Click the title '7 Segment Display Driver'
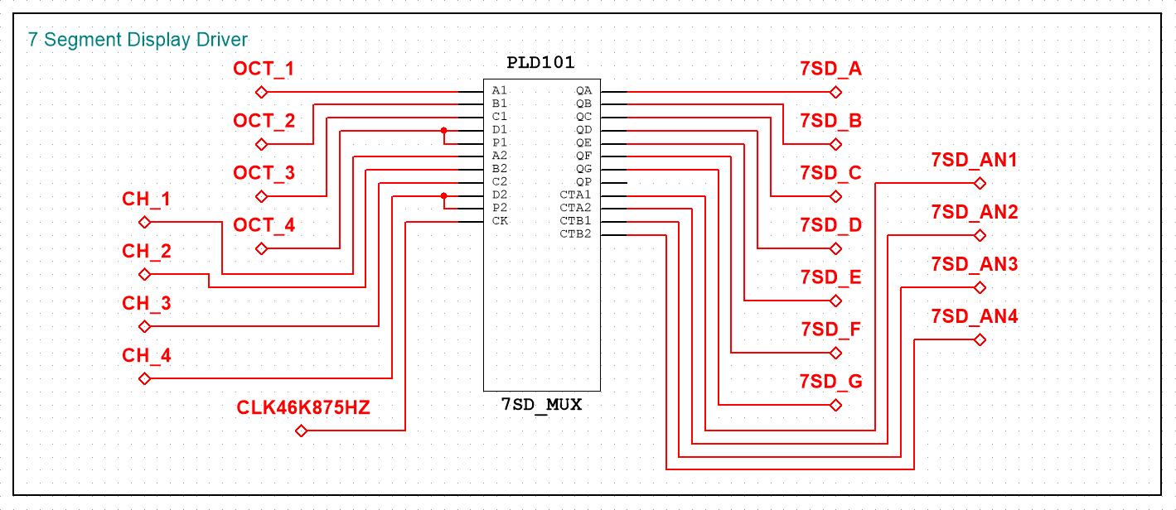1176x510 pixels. click(138, 40)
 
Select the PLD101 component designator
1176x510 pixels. click(540, 63)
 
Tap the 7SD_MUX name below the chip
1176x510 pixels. click(541, 405)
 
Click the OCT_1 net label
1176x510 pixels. click(264, 69)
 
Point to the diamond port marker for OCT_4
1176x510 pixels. click(261, 248)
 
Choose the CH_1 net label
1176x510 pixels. click(147, 199)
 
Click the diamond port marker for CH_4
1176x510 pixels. click(145, 379)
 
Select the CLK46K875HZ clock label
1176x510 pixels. click(303, 407)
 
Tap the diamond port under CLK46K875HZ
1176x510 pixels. click(301, 431)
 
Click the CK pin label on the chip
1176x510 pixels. click(500, 221)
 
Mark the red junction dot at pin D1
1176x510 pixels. click(443, 130)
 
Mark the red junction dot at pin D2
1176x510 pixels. click(443, 195)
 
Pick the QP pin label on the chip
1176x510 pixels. click(583, 182)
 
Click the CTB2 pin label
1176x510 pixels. click(575, 234)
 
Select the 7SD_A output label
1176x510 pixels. click(831, 69)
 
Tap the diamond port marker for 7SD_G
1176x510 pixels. click(836, 405)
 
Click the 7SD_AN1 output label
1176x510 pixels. click(975, 160)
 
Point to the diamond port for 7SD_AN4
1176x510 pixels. click(980, 340)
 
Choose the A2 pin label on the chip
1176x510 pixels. click(500, 156)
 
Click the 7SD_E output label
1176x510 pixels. click(831, 277)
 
